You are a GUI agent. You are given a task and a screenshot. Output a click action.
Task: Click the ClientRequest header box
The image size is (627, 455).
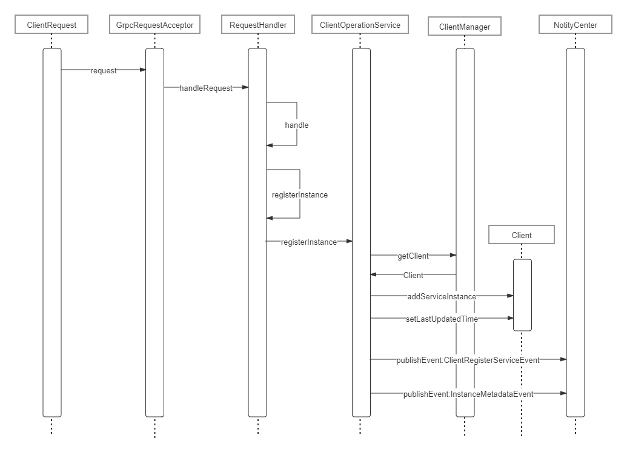coord(51,25)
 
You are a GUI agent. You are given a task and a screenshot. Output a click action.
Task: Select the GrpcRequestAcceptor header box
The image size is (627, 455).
coord(154,25)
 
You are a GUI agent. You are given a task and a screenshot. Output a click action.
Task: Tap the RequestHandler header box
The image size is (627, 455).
coord(257,25)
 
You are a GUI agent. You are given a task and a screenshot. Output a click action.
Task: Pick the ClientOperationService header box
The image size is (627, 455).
coord(360,25)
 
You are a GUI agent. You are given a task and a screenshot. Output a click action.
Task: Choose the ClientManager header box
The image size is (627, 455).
coord(465,27)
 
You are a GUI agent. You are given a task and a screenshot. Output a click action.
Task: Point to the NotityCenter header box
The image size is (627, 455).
coord(575,25)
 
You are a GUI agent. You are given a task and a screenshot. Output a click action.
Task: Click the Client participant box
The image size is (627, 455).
coord(522,235)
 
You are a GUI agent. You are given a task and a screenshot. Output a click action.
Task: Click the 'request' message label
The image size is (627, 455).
coord(104,70)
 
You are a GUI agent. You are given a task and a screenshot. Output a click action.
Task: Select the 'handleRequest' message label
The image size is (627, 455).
coord(206,88)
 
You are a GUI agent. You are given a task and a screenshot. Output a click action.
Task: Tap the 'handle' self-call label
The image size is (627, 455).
coord(297,125)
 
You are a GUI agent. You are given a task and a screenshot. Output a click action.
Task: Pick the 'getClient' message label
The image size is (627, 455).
coord(413,256)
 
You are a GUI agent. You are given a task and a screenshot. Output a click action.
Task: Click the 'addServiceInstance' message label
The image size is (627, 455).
coord(442,296)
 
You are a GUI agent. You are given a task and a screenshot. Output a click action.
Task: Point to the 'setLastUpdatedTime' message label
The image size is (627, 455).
coord(442,319)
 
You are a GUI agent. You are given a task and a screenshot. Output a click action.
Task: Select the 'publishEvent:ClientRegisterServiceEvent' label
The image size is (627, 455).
coord(468,360)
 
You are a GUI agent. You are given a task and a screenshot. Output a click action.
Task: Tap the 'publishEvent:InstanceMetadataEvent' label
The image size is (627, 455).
coord(468,394)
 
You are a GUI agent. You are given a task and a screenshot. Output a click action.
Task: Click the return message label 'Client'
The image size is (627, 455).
coord(413,275)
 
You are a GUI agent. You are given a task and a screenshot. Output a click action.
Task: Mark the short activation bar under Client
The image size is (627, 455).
coord(522,295)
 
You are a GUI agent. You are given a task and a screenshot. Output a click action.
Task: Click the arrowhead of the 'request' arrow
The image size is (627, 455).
coord(143,70)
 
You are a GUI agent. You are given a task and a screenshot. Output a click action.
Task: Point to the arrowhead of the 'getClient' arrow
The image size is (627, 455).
coord(453,256)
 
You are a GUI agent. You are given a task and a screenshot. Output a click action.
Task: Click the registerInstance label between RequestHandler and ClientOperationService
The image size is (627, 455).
coord(309,242)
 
